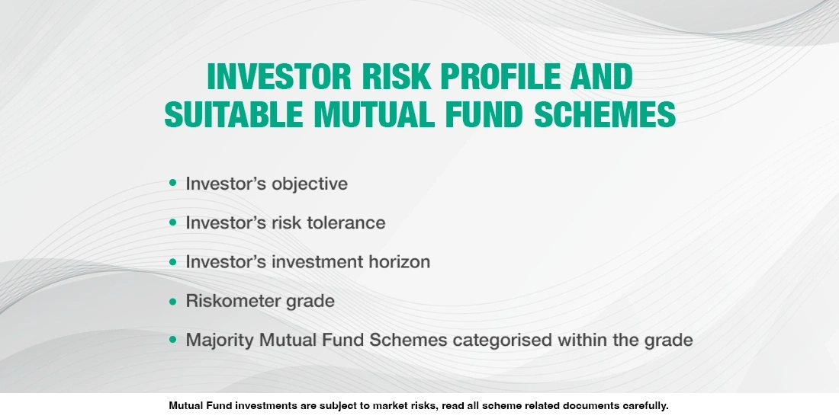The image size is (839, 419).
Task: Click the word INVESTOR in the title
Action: point(278,76)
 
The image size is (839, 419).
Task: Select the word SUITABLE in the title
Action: point(233,114)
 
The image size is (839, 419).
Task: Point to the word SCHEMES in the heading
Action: point(605,114)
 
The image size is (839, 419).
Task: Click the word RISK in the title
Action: point(396,76)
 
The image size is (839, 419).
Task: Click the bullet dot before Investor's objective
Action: point(172,183)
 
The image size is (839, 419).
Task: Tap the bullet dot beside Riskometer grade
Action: point(172,301)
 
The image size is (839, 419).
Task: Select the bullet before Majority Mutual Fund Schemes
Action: point(172,339)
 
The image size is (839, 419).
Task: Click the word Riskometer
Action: point(233,301)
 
